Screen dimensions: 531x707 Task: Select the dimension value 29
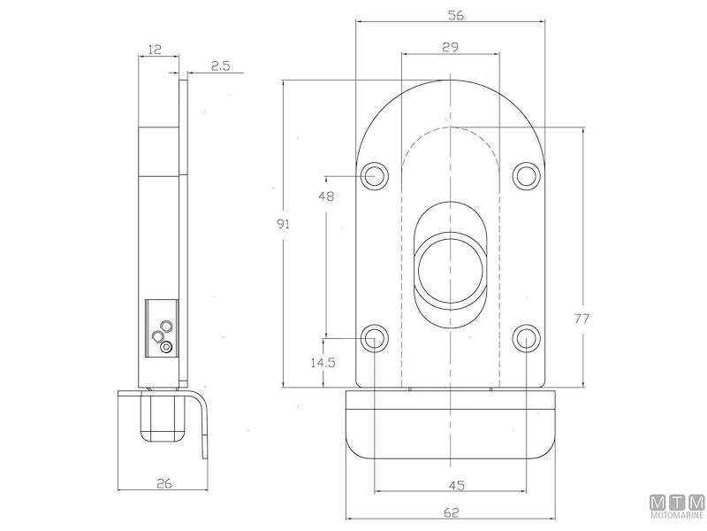point(450,48)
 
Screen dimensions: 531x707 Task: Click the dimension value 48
point(325,197)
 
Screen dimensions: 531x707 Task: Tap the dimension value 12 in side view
point(155,50)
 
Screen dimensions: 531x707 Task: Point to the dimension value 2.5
point(221,65)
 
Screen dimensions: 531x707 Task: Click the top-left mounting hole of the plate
point(376,175)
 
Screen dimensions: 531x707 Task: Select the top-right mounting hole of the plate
point(528,175)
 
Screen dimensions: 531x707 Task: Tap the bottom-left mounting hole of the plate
point(376,338)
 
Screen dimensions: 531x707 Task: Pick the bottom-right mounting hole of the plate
point(528,338)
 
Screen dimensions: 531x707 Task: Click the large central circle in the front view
point(451,266)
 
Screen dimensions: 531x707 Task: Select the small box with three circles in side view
point(161,327)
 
